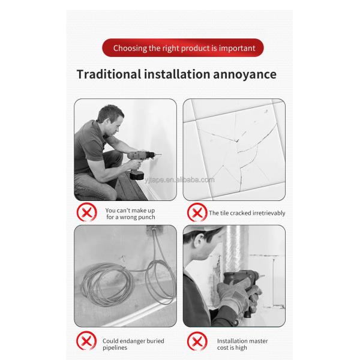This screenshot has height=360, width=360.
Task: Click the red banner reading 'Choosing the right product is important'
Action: click(x=183, y=48)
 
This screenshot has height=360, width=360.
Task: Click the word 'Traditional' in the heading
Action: click(x=109, y=74)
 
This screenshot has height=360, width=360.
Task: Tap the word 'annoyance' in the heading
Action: click(x=245, y=74)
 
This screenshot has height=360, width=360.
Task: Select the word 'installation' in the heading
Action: click(x=177, y=74)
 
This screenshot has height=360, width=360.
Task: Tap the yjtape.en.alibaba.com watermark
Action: click(x=180, y=180)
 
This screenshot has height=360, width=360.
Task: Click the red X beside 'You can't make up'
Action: click(x=86, y=212)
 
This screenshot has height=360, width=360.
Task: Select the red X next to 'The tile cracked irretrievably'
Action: click(x=197, y=212)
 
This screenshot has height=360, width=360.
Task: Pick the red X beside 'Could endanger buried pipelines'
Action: click(x=86, y=341)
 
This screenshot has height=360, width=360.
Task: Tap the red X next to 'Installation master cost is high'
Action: click(x=197, y=341)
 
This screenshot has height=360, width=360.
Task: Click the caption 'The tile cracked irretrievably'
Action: click(x=247, y=213)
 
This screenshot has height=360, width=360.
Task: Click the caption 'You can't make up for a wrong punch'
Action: click(x=130, y=214)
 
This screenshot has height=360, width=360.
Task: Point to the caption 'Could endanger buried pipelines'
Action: click(x=133, y=344)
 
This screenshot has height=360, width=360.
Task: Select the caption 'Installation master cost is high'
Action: click(x=242, y=344)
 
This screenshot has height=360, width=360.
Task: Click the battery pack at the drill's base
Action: click(x=137, y=175)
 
